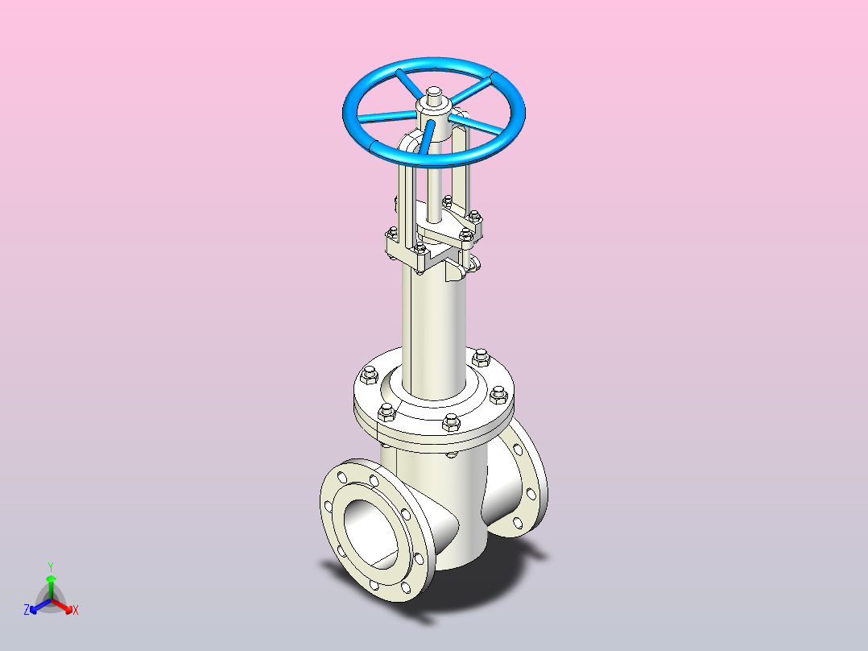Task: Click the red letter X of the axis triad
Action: tap(76, 610)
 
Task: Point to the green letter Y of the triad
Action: tap(51, 566)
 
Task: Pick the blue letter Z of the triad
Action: tap(27, 610)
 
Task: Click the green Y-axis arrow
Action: tap(51, 587)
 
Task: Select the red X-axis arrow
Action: tap(62, 605)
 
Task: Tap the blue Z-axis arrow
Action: tap(40, 606)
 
